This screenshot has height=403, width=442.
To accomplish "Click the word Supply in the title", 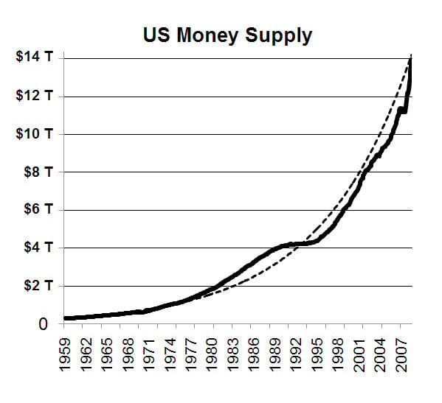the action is point(278,36).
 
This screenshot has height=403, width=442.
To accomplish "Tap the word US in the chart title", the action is point(156,35).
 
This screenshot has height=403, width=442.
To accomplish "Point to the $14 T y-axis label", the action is point(35,57).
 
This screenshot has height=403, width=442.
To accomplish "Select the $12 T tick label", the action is point(35,95).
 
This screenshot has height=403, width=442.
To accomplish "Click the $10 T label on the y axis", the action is point(35,133).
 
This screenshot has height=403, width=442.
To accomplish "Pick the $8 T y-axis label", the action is point(38,172).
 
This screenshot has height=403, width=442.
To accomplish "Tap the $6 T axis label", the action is point(38,209).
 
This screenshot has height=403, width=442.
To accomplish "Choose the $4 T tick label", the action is point(38,247).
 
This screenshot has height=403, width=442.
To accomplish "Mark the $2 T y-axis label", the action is point(38,285).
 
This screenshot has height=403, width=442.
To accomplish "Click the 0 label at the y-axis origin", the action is point(43,324).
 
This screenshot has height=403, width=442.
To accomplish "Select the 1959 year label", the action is point(64,354).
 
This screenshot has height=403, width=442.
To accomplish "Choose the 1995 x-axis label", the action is point(317,354).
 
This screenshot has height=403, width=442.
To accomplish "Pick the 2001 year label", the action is point(359,354).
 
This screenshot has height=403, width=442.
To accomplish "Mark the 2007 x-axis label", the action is point(401,354).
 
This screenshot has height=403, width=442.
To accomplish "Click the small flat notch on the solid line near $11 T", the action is point(403,111).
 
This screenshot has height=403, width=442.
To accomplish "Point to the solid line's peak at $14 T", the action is point(410,58).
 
